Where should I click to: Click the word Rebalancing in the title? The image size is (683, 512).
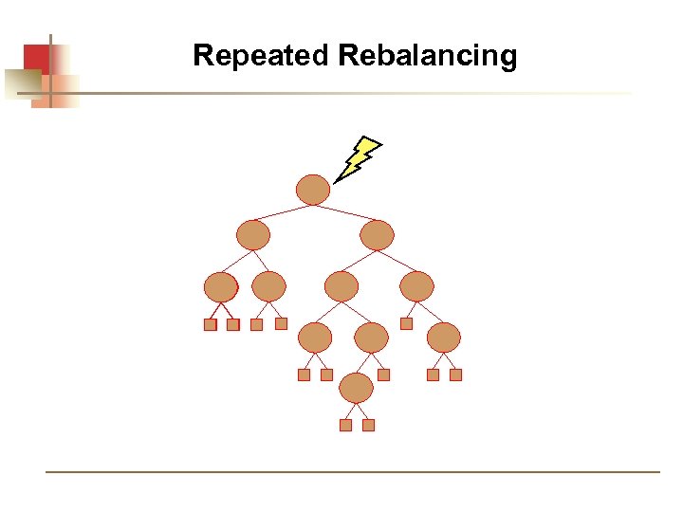(x=427, y=55)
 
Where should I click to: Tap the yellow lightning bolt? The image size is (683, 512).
(x=358, y=158)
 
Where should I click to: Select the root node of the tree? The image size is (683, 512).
(x=313, y=190)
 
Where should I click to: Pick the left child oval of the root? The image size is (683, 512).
(x=253, y=234)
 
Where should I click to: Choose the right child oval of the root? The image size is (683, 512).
(x=377, y=235)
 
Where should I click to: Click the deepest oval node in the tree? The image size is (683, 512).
(x=357, y=387)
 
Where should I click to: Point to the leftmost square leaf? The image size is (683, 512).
(x=211, y=324)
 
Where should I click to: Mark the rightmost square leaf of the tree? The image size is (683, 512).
(x=455, y=375)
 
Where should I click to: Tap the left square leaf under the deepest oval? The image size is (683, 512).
(x=345, y=425)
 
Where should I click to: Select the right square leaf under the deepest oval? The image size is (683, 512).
(x=369, y=425)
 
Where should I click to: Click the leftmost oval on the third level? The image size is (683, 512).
(x=221, y=286)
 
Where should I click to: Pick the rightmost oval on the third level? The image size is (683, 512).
(x=416, y=286)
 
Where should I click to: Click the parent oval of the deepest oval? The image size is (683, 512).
(x=371, y=337)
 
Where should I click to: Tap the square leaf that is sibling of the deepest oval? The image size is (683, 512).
(x=383, y=375)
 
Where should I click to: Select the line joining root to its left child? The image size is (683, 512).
(x=283, y=212)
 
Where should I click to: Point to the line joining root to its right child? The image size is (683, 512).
(x=345, y=212)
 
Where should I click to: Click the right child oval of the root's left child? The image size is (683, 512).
(x=268, y=286)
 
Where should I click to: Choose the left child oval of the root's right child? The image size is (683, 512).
(x=341, y=286)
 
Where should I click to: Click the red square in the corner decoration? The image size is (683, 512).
(x=35, y=59)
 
